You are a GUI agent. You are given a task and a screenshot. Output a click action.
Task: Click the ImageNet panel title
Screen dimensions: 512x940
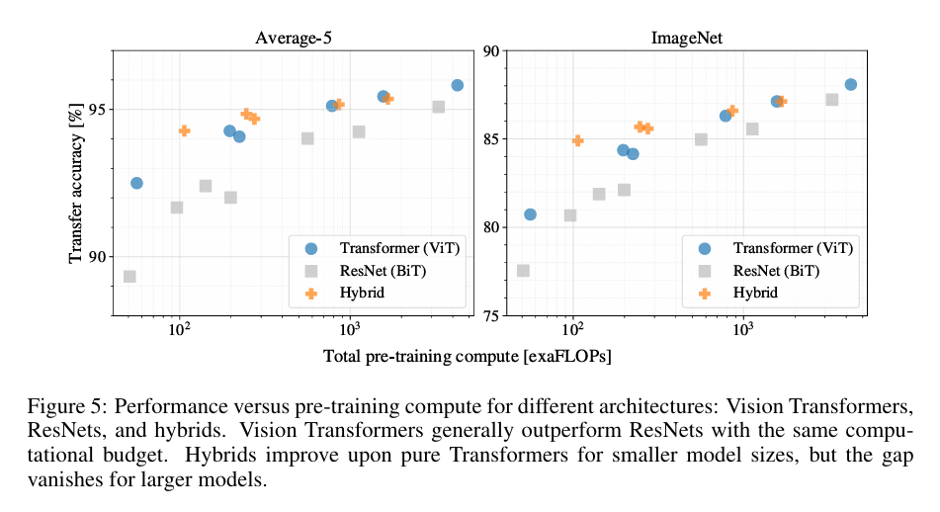click(684, 39)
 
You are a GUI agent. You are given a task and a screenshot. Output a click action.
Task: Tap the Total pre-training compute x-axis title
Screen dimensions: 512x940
click(467, 356)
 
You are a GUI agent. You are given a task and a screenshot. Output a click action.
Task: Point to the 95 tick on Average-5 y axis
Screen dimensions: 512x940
click(97, 109)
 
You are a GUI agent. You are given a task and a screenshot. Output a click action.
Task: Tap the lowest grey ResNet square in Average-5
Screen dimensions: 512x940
click(129, 277)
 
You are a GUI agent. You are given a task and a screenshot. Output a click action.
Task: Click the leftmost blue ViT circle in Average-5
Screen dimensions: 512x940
click(136, 183)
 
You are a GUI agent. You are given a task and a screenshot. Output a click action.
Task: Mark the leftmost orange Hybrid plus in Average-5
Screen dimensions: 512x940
click(184, 130)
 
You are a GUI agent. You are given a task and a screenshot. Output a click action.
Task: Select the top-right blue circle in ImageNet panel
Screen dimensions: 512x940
click(850, 85)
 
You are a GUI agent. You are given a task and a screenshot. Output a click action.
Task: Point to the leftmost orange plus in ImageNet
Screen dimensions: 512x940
click(577, 140)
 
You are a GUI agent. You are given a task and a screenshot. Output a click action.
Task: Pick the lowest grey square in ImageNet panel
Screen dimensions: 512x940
click(523, 271)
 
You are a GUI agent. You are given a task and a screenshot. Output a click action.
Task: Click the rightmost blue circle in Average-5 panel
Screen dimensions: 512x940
click(457, 85)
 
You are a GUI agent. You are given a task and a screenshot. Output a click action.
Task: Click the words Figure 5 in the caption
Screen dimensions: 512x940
click(58, 408)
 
